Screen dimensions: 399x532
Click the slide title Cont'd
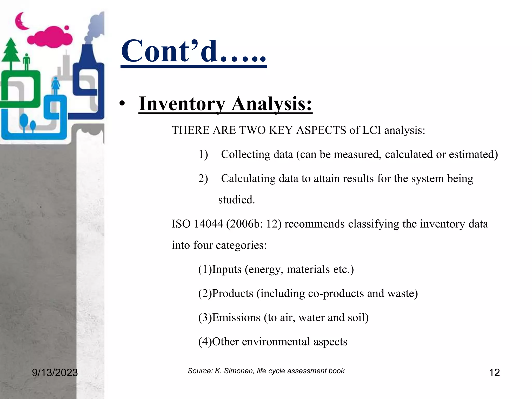(194, 51)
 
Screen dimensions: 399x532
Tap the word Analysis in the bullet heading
(272, 104)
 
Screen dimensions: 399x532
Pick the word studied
(236, 200)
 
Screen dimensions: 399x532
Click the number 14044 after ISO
(208, 224)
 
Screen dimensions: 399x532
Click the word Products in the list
(232, 294)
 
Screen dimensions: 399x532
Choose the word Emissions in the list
(236, 318)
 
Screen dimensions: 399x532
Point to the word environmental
(276, 342)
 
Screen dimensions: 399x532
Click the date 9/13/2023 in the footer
(55, 373)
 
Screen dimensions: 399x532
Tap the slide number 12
(494, 373)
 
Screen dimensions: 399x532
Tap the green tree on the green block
(11, 53)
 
